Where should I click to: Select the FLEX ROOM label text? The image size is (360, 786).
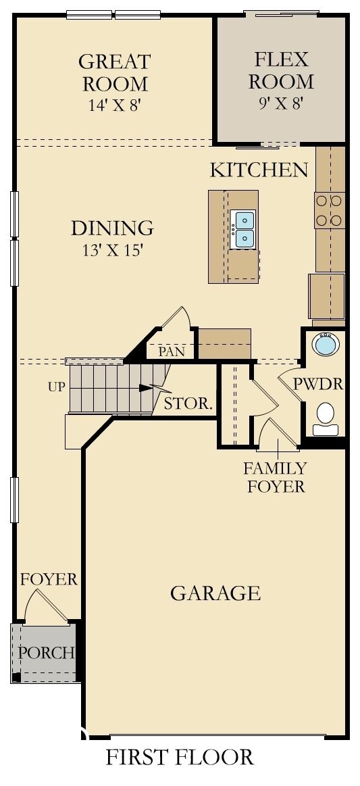click(x=281, y=70)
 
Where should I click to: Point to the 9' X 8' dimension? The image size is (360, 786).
click(x=281, y=103)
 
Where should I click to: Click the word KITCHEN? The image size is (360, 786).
click(x=259, y=170)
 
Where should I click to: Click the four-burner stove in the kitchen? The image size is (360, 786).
click(x=330, y=210)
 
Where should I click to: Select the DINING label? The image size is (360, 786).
click(x=112, y=228)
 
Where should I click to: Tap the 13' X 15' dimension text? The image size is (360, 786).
click(x=112, y=250)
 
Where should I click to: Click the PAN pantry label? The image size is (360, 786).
click(x=171, y=351)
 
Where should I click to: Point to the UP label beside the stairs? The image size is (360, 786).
click(x=56, y=388)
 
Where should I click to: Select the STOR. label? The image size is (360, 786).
click(x=189, y=405)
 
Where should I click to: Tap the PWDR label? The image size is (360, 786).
click(x=318, y=385)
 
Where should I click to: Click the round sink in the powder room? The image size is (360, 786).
click(x=325, y=344)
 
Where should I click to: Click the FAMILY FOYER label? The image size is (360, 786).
click(x=275, y=476)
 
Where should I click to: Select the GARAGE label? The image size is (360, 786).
click(x=215, y=593)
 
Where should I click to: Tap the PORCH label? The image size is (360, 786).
click(x=45, y=653)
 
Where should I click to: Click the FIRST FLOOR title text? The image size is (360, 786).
click(x=180, y=758)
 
